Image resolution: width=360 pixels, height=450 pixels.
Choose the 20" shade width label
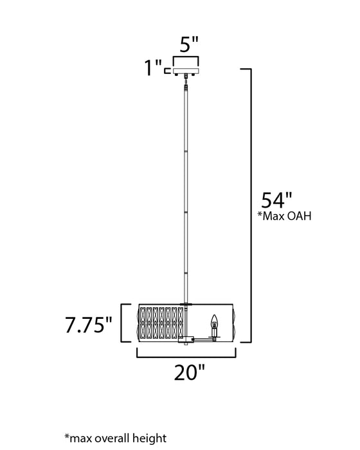tap(188, 371)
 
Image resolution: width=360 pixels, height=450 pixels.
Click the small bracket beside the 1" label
tap(168, 70)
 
